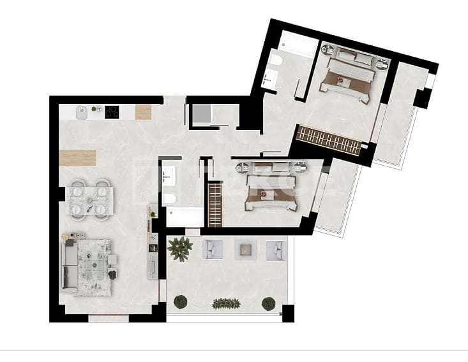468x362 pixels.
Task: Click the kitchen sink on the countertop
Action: coord(81,113)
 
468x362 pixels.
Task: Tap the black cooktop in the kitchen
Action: coord(112,112)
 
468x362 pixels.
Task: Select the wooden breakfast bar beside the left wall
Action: coord(77,157)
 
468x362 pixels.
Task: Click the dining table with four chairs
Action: coord(90,198)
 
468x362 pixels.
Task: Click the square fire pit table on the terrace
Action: coord(243,249)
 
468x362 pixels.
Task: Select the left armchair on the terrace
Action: coord(212,249)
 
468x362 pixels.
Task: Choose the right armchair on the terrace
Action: coord(275,249)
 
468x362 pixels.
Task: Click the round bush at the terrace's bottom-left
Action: coord(181,301)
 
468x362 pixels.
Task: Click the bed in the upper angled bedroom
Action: coord(349,75)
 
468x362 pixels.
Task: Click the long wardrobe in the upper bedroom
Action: coord(329,140)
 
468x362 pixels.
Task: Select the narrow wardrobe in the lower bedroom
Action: coord(215,203)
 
